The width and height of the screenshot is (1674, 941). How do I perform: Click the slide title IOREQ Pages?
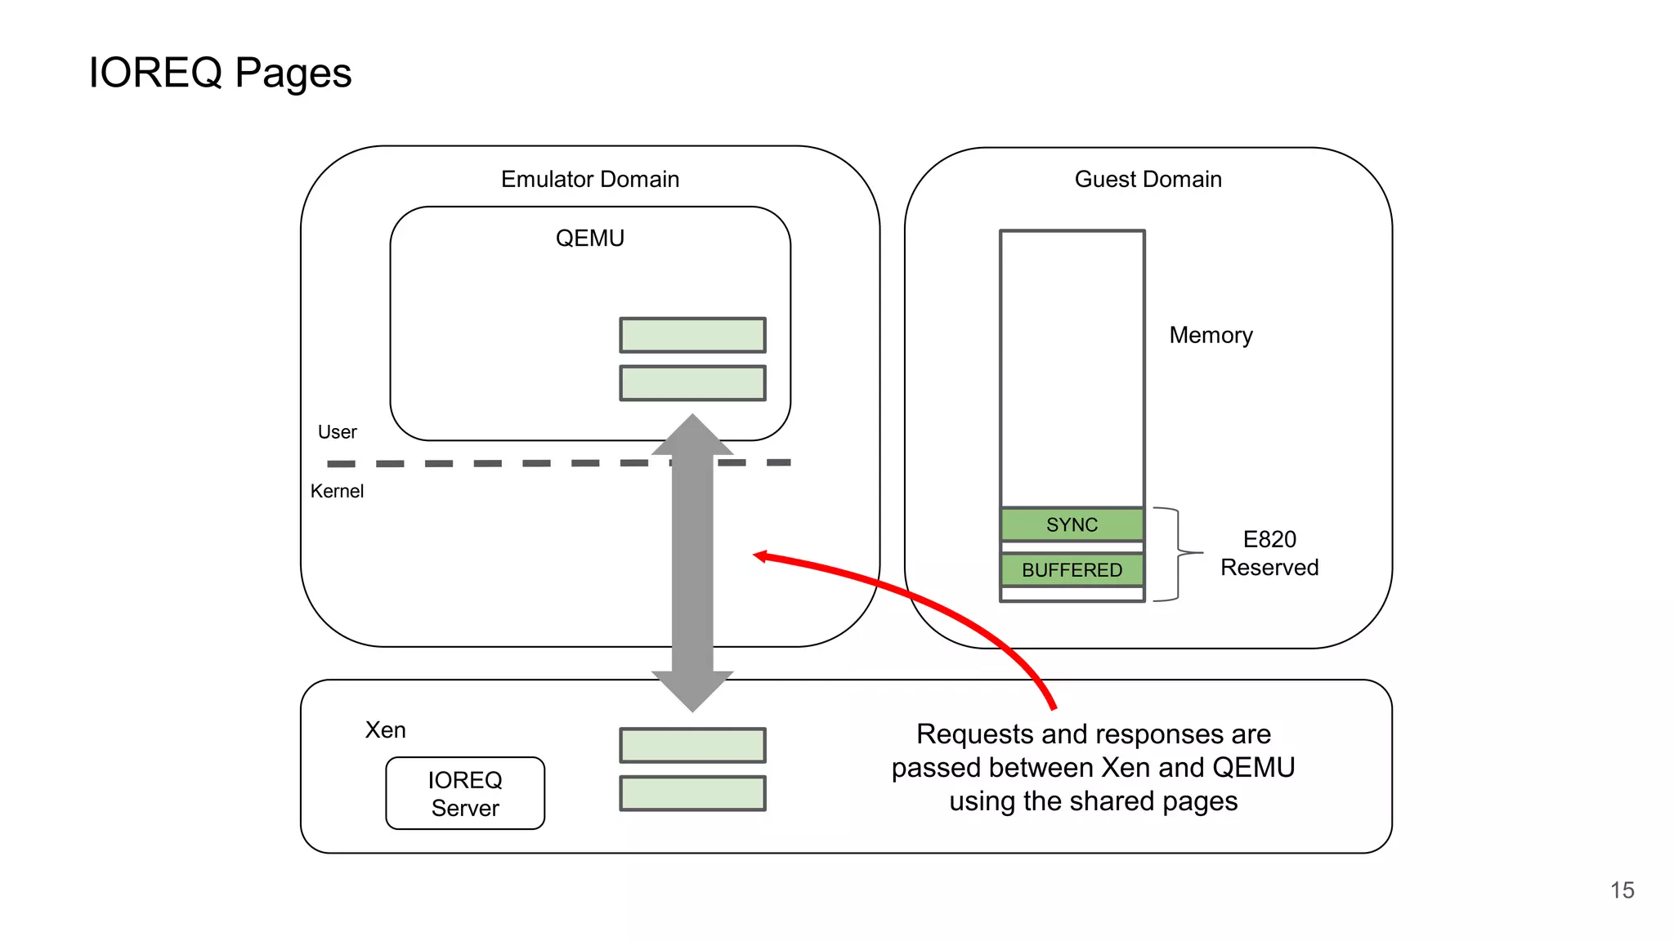(220, 73)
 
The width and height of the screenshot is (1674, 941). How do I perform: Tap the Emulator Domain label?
(589, 179)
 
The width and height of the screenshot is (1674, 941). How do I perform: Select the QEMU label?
(589, 238)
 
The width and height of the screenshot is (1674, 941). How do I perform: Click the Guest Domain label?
(1148, 179)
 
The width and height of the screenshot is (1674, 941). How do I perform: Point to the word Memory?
(1211, 335)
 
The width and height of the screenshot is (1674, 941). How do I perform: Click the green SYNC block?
(1072, 524)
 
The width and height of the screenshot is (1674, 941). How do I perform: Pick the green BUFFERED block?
(1072, 570)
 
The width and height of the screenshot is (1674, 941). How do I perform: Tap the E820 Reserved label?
(1269, 553)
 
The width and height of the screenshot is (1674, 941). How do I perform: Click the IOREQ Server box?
(465, 793)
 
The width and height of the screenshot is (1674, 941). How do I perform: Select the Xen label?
(385, 729)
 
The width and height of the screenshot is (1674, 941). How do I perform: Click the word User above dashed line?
(337, 432)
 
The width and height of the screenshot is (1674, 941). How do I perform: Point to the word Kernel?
(337, 491)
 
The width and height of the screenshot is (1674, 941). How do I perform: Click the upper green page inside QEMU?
(692, 335)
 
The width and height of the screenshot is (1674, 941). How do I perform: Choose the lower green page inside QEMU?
(692, 383)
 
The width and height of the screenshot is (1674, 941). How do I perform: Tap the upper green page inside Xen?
(692, 745)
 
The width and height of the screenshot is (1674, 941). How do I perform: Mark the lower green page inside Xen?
(692, 793)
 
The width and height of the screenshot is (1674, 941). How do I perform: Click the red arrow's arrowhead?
(759, 556)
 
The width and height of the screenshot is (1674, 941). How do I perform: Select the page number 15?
(1622, 890)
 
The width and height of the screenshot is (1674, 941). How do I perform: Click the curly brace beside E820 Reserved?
(1178, 554)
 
